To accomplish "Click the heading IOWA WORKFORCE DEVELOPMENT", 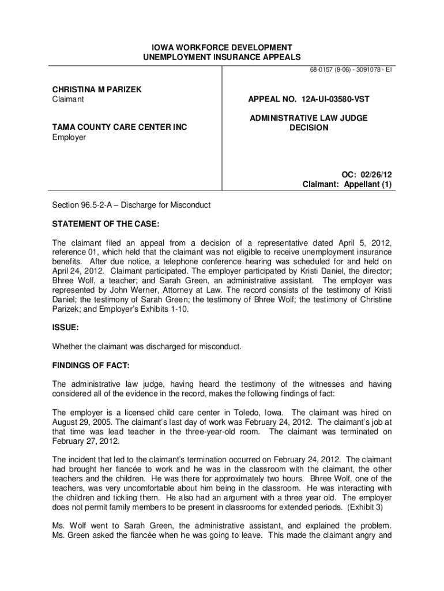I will (x=222, y=47).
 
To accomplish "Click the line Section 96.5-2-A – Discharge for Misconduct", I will (x=131, y=205).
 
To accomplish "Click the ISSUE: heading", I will (x=66, y=327).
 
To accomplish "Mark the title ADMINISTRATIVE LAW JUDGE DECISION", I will (x=308, y=122).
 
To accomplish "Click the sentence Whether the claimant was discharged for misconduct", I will (x=147, y=346).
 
